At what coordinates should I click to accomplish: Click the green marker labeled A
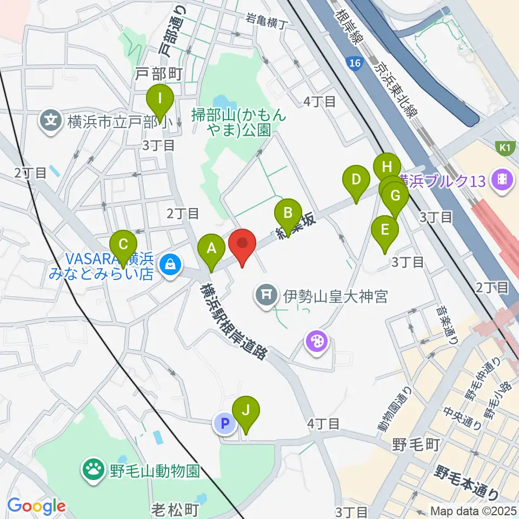(x=211, y=249)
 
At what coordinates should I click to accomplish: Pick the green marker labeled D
(x=355, y=179)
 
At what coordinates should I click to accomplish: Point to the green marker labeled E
(x=385, y=230)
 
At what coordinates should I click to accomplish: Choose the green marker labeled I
(x=160, y=99)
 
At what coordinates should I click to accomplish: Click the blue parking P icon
(x=224, y=423)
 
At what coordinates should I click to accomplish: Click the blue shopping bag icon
(x=171, y=265)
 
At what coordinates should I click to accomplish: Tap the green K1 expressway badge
(x=504, y=146)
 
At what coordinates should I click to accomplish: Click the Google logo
(x=36, y=507)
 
